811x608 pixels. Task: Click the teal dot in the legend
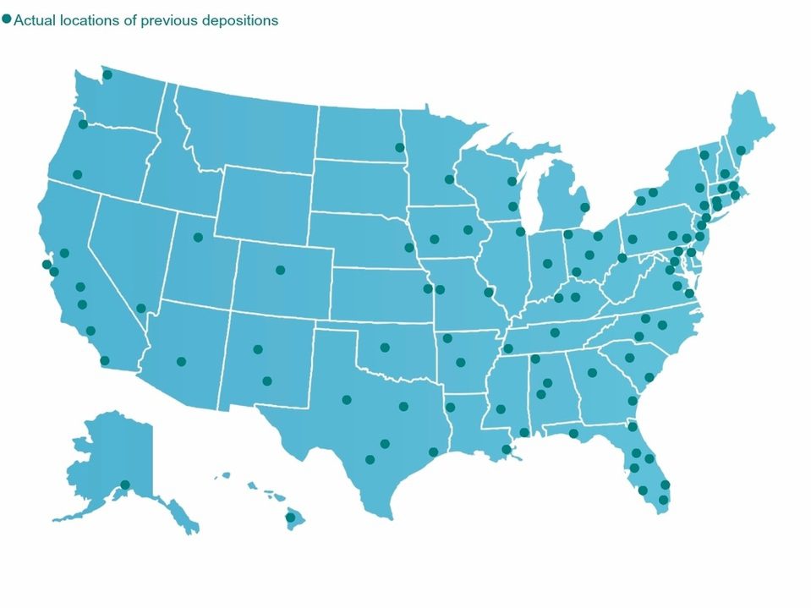7,19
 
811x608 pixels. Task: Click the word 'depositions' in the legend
239,20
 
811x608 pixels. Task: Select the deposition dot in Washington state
107,75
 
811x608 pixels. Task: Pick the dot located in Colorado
281,271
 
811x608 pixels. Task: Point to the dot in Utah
198,238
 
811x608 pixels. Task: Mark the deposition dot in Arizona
181,362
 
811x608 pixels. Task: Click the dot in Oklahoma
385,348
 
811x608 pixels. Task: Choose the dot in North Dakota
400,148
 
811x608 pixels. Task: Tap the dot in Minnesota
449,179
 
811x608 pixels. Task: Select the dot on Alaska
125,485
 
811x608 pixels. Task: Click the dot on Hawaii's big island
289,518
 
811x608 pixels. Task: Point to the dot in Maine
741,151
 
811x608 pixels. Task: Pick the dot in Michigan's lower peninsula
584,207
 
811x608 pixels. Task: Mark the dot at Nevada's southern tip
140,309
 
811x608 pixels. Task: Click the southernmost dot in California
105,361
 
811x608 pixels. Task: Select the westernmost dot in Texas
347,400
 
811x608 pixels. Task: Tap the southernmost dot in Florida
663,500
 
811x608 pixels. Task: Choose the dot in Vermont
704,156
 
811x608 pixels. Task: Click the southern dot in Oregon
77,175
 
